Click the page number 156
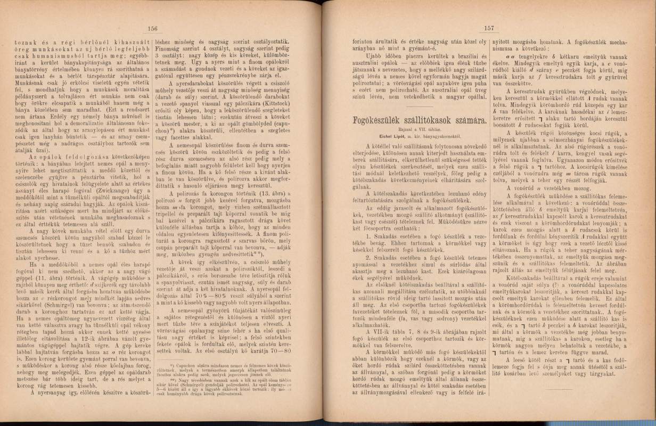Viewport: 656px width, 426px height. click(x=152, y=29)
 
